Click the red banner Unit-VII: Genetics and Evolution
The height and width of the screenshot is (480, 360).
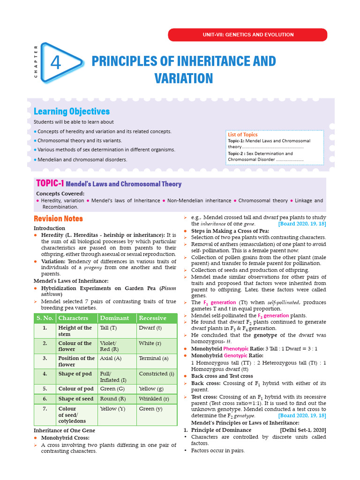click(x=247, y=35)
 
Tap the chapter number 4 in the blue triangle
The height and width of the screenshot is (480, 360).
click(x=55, y=63)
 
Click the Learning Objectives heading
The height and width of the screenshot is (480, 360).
click(x=72, y=112)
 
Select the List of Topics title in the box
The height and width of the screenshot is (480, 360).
click(x=242, y=135)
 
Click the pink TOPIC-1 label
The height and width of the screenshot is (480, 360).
click(x=50, y=184)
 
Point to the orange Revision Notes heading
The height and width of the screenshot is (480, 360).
click(x=58, y=218)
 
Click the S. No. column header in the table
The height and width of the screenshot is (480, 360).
click(x=45, y=318)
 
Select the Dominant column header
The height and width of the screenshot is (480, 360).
click(x=114, y=318)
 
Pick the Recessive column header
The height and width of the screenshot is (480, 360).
click(x=152, y=318)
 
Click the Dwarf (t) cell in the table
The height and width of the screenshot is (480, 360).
click(x=150, y=328)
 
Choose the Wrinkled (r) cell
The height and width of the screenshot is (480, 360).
click(x=154, y=399)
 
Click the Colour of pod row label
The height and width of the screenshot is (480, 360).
click(x=76, y=389)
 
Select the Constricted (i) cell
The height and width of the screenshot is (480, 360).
click(x=156, y=374)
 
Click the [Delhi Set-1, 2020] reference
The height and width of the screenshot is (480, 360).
click(x=303, y=430)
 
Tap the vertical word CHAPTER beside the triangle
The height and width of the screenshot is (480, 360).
click(x=36, y=61)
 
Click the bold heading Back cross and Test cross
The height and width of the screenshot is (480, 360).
click(x=222, y=376)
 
